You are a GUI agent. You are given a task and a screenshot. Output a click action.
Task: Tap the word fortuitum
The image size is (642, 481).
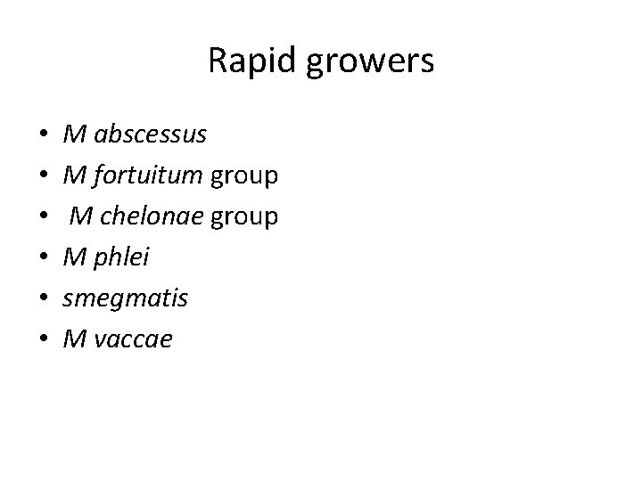(x=148, y=176)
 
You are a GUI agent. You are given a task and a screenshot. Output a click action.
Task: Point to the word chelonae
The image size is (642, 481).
(x=160, y=216)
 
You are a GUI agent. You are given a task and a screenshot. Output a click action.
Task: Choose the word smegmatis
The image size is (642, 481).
(x=126, y=299)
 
